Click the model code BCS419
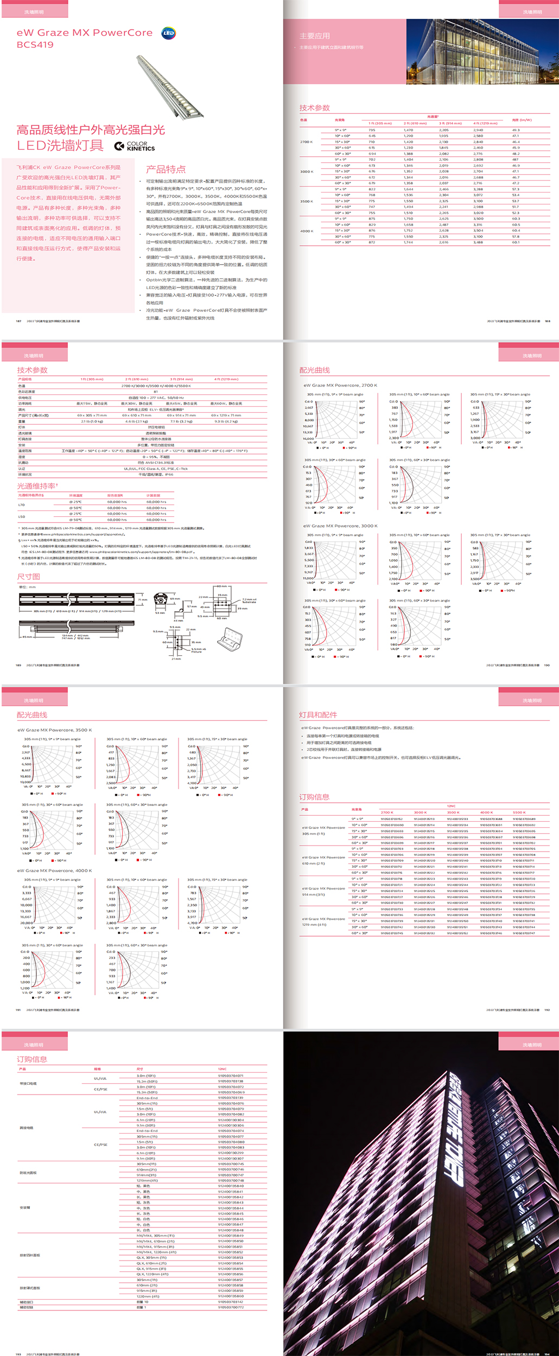(35, 45)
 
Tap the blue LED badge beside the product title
(169, 33)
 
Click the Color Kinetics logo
(135, 146)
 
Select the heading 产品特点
(166, 169)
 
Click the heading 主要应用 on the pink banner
(315, 36)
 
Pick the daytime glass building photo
(482, 52)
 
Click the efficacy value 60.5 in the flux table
(516, 225)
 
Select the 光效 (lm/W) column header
(522, 120)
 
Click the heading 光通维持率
(37, 486)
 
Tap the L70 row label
(22, 504)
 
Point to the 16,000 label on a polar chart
(308, 438)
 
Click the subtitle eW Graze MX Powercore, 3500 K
(55, 730)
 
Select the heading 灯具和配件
(318, 715)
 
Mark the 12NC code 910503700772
(231, 1307)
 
